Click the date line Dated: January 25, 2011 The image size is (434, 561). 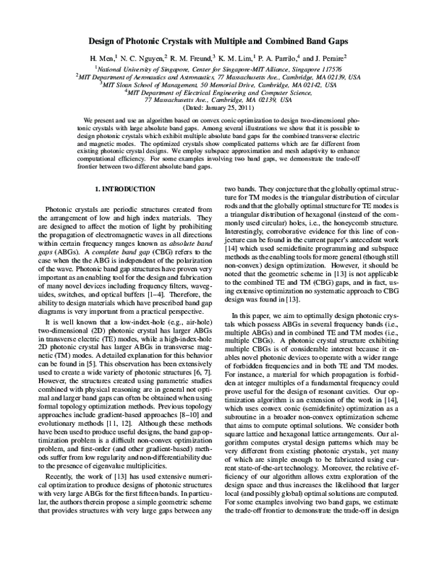tap(217, 106)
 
